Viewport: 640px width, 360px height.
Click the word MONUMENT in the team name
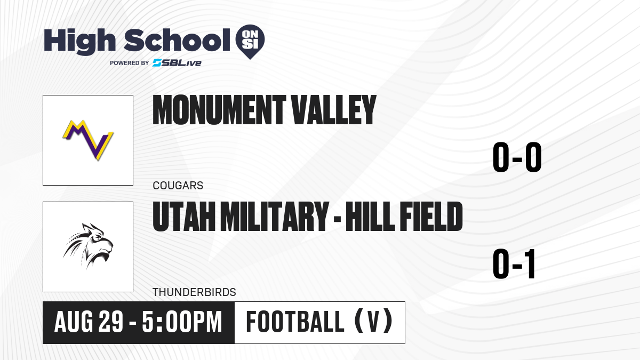(219, 110)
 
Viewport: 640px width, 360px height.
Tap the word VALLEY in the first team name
(333, 110)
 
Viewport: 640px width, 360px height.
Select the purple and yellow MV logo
(88, 140)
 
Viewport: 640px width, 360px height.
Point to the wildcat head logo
(88, 246)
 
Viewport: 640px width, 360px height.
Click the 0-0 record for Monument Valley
(517, 157)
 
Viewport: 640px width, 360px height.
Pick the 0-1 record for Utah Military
(514, 264)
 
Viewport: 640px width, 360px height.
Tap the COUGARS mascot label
(178, 186)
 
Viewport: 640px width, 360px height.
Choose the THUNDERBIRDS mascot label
(194, 292)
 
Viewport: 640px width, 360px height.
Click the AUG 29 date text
(89, 322)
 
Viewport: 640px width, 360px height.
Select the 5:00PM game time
(182, 322)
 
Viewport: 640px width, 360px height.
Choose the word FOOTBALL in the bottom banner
(295, 322)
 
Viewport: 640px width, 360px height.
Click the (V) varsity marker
(373, 322)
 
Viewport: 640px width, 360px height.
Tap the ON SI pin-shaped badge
(250, 42)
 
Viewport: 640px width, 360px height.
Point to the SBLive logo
(177, 63)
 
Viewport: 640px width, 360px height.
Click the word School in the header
(177, 40)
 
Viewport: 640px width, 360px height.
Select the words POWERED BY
(130, 63)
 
